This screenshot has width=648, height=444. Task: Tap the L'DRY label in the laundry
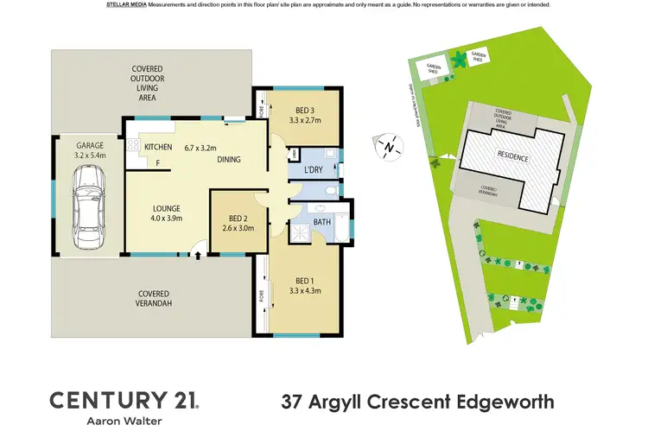311,170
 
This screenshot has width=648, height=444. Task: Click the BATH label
321,223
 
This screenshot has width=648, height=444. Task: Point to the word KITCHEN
158,147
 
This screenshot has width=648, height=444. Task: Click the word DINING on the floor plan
228,159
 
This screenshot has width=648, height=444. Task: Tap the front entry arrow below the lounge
199,254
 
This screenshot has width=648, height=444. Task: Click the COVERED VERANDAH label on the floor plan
152,299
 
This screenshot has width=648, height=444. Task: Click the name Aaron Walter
124,422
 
